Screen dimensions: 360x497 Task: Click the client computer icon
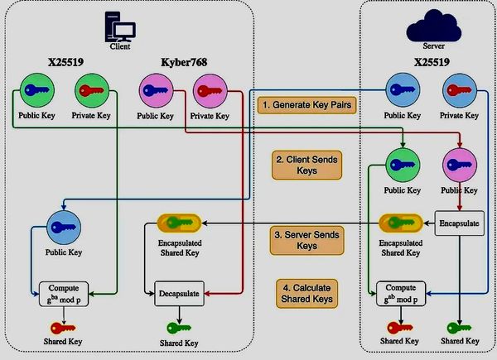119,30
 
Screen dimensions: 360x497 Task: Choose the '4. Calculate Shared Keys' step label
307,292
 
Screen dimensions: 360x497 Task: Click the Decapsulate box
180,291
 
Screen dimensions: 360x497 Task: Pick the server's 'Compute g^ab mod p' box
402,292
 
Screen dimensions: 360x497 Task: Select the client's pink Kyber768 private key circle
209,90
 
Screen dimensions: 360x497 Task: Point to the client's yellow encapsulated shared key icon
180,223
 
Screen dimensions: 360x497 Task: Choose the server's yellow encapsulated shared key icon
402,223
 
